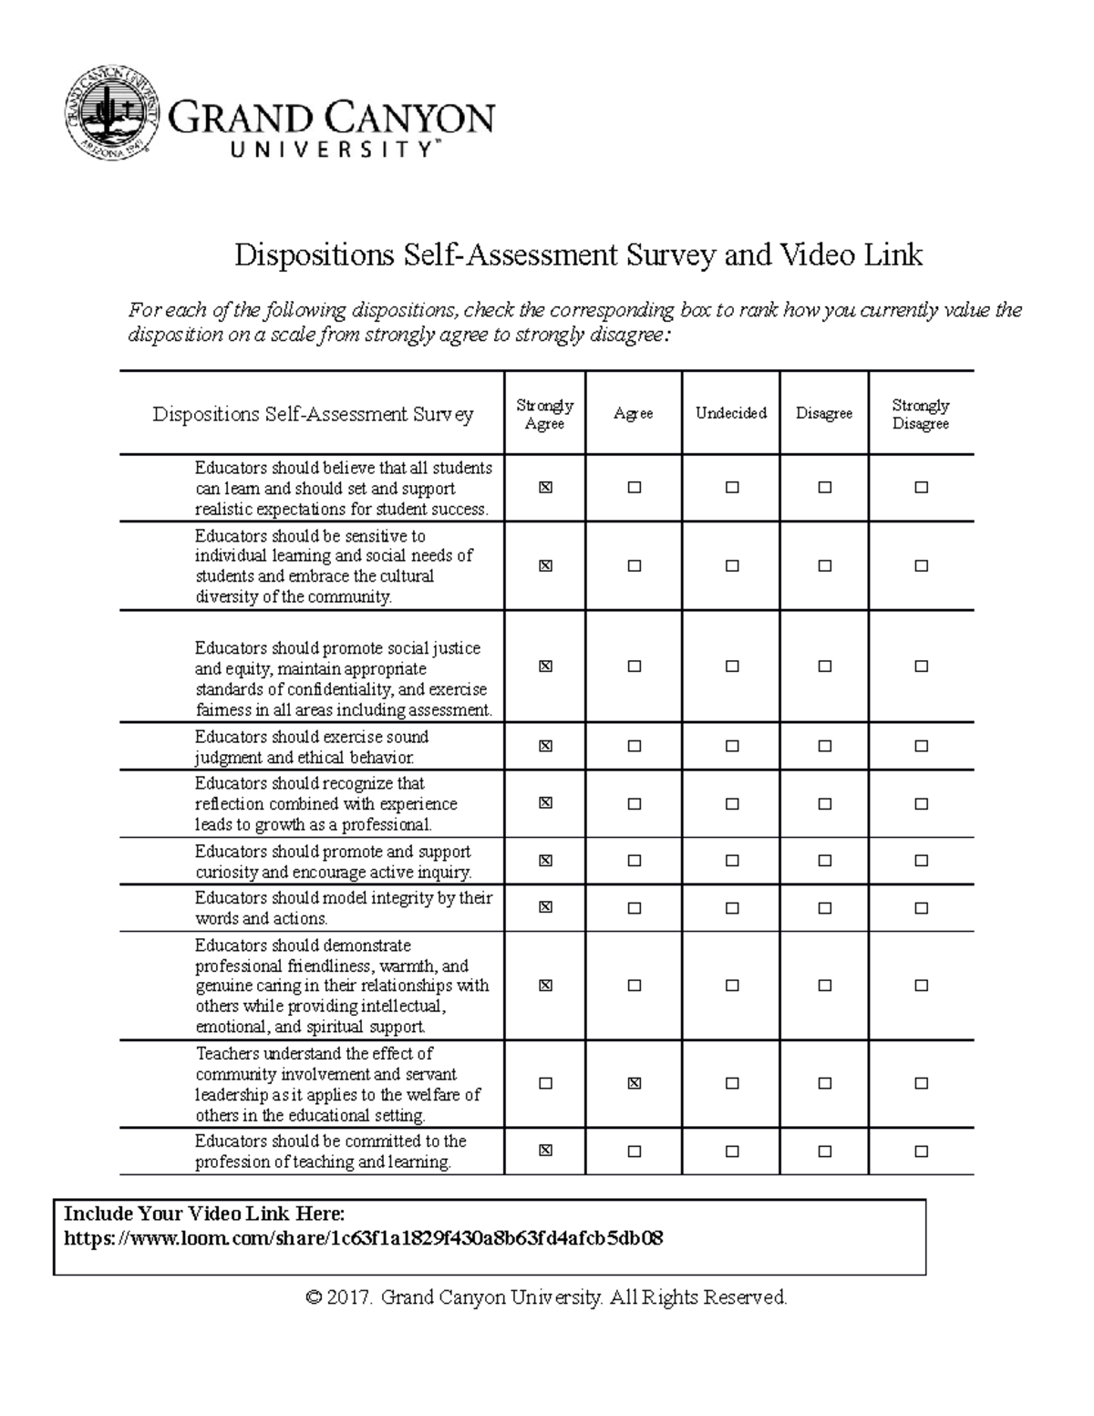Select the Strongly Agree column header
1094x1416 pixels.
[x=544, y=414]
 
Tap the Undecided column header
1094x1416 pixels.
[x=730, y=413]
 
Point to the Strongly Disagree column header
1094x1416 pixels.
[x=920, y=414]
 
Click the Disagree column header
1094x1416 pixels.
[x=823, y=414]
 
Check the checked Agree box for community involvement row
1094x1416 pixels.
[x=635, y=1083]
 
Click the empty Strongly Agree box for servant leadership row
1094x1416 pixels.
[x=545, y=1083]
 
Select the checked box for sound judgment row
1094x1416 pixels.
[x=545, y=746]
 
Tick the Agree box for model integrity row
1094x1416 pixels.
[x=635, y=907]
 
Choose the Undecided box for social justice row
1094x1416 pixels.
[x=732, y=667]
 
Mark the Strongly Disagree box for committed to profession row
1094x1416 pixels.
[x=921, y=1151]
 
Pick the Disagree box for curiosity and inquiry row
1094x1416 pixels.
[x=825, y=860]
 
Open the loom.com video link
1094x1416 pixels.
[x=363, y=1238]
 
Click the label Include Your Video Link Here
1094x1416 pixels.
[x=204, y=1214]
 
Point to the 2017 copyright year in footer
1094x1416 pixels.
[x=350, y=1297]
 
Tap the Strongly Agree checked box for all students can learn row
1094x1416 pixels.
[x=545, y=488]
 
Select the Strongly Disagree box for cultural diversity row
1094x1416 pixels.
[x=921, y=565]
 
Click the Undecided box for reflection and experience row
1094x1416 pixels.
[x=732, y=803]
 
